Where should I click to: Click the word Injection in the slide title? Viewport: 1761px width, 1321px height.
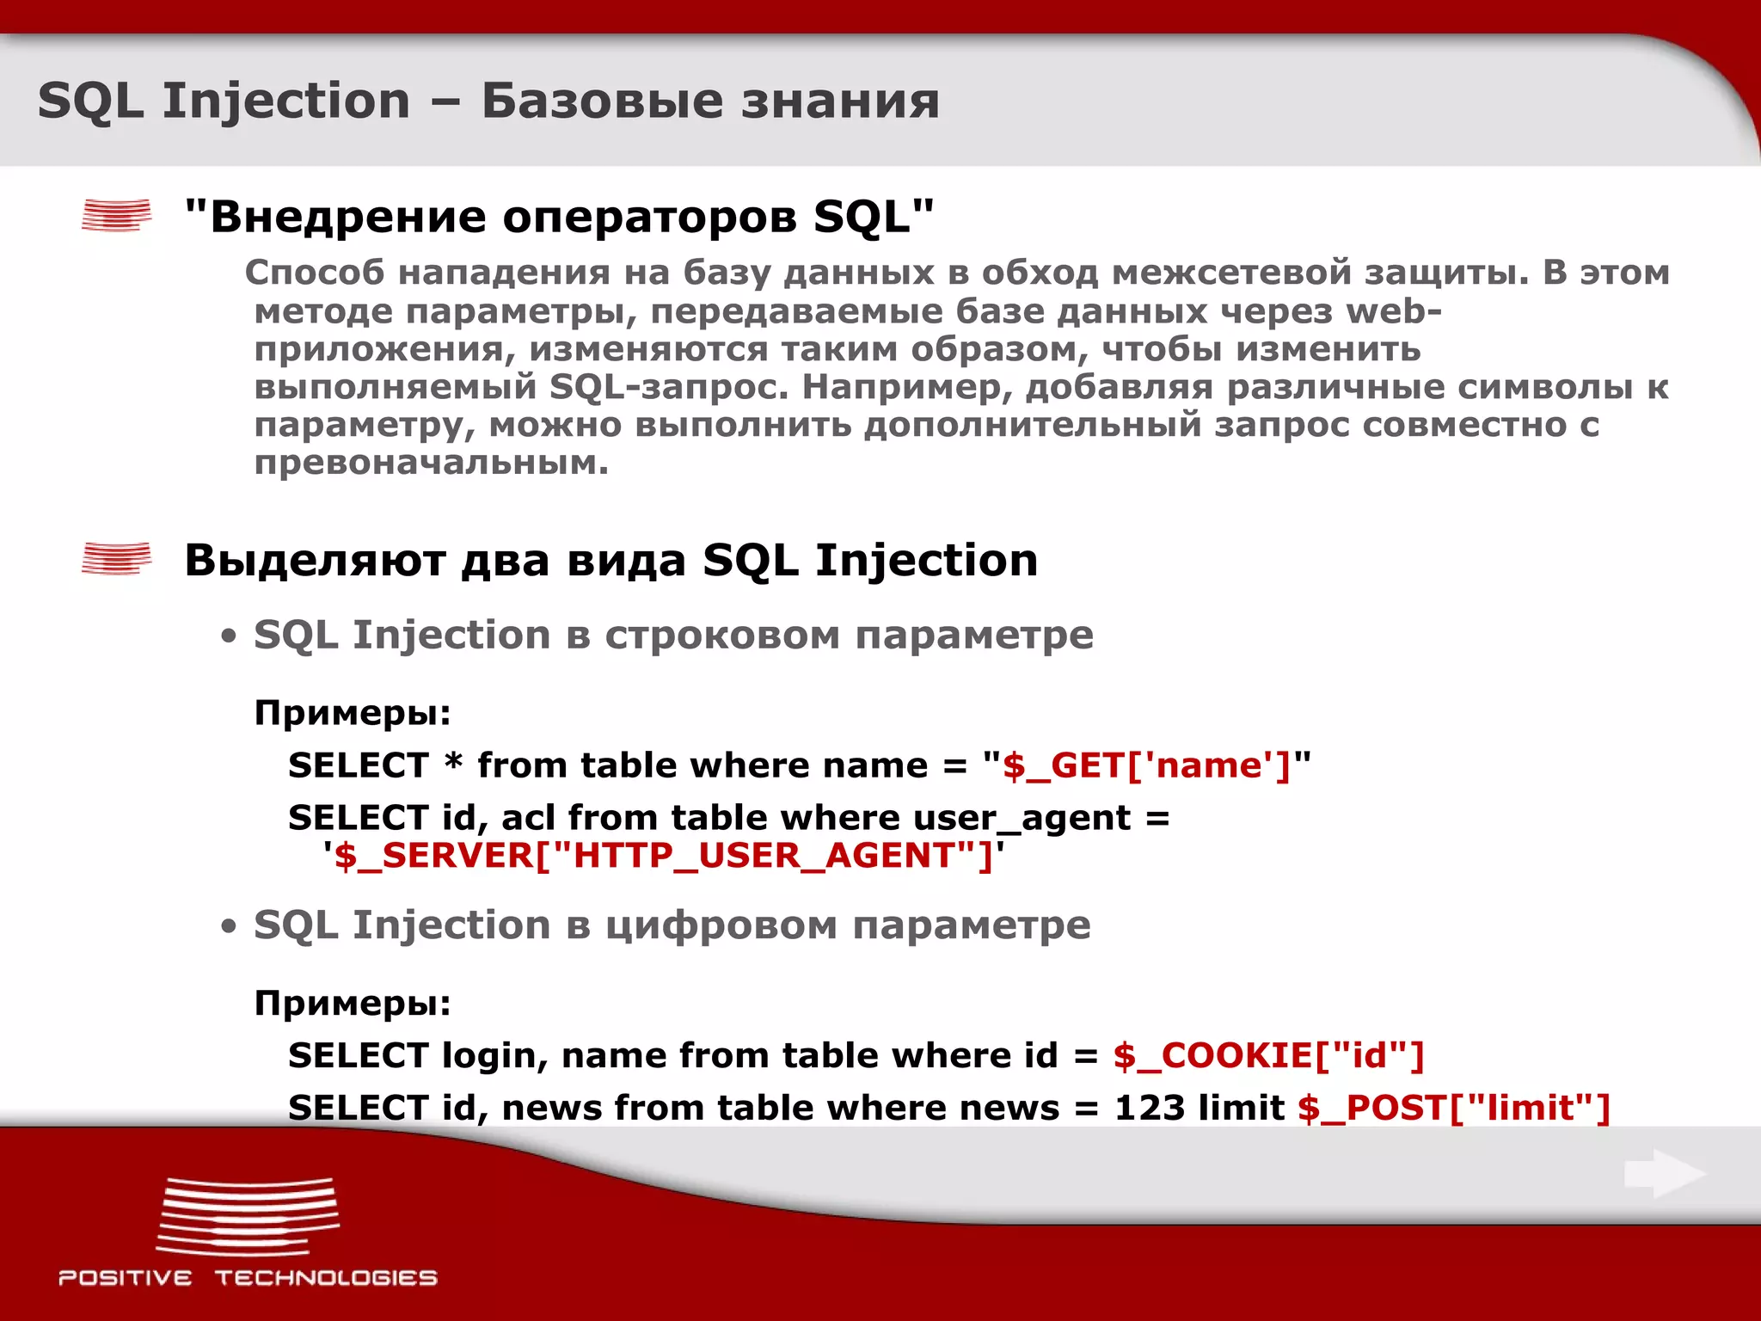286,101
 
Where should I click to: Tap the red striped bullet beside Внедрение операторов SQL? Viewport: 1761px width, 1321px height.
116,215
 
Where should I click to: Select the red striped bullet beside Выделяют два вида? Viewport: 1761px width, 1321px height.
116,559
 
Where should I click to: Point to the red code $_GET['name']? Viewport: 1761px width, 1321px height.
1146,765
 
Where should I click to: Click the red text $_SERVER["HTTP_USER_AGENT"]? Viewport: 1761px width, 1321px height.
663,856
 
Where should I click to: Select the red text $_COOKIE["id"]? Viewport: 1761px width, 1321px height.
1268,1055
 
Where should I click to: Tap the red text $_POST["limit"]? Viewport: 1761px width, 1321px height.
1453,1108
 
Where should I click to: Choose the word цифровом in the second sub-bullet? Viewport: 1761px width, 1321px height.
721,926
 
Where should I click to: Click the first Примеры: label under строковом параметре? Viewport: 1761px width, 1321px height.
353,713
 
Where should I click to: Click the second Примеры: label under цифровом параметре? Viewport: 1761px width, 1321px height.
353,1004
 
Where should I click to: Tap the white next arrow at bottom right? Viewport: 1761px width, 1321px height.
1664,1174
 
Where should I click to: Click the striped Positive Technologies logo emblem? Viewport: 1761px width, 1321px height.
248,1217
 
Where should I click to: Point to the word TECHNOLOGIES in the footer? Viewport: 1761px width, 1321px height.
326,1278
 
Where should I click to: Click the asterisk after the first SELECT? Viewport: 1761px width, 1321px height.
453,762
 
